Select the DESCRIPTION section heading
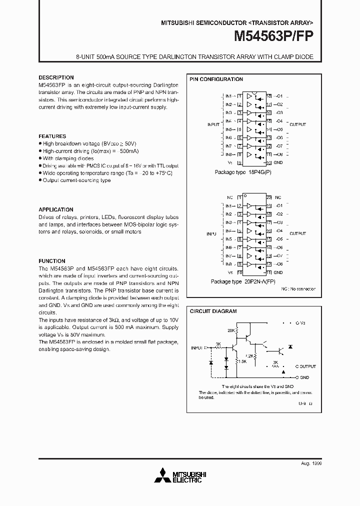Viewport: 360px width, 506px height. [x=56, y=77]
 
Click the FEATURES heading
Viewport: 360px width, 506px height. [x=52, y=136]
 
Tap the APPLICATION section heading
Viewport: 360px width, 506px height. [x=56, y=209]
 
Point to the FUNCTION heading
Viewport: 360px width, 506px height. [x=52, y=261]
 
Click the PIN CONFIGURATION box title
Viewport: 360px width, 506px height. [x=216, y=79]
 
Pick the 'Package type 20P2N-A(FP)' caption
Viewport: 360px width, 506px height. [x=242, y=281]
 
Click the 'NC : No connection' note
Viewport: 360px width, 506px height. [x=298, y=289]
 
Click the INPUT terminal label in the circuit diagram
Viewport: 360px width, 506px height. [x=197, y=347]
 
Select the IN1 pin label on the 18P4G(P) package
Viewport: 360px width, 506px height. [x=228, y=96]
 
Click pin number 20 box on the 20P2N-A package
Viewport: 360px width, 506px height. [x=268, y=197]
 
